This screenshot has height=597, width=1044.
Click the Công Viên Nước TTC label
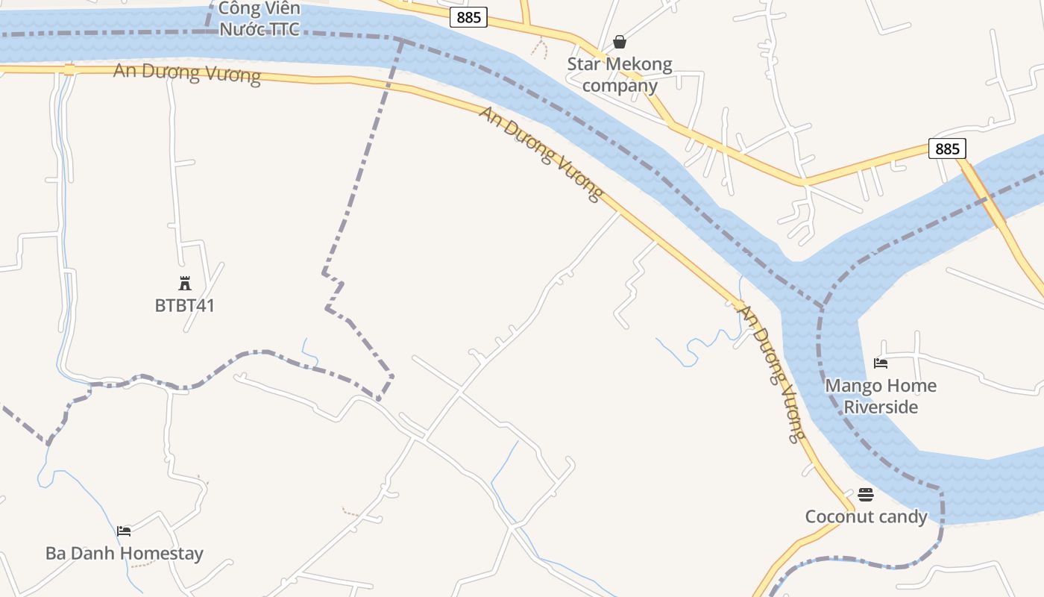coord(259,19)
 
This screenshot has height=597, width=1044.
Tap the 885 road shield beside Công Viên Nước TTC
coord(468,17)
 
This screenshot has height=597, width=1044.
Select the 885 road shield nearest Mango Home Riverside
coord(947,149)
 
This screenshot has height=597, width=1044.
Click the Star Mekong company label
coord(620,75)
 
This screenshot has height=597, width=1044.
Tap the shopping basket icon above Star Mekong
coord(620,42)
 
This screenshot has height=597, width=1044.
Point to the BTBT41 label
coord(185,305)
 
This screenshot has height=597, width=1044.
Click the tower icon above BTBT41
coord(185,283)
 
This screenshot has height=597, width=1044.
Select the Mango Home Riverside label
coord(881,396)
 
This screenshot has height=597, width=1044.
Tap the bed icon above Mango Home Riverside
coord(881,363)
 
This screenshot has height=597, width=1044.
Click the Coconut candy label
coord(866,516)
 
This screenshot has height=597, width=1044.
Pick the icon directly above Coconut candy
coord(866,494)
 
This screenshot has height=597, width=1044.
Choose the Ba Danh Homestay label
coord(125,553)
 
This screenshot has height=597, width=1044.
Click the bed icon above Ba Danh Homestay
coord(125,531)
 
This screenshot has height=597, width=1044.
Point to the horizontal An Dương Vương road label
coord(187,74)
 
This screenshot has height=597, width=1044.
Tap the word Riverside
coord(881,407)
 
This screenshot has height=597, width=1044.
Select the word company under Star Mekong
coord(620,85)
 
